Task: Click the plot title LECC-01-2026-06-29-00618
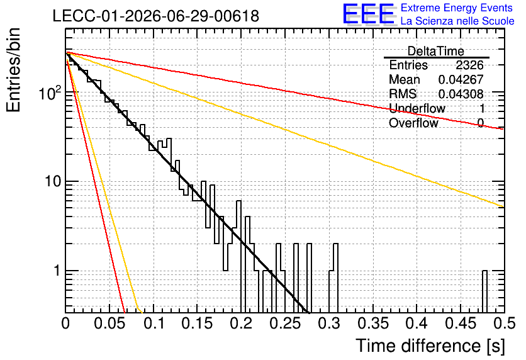tap(156, 16)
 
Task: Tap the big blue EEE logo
tap(369, 14)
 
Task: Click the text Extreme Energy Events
tap(457, 8)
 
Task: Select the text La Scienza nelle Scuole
tap(457, 21)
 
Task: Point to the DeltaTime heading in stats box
tap(436, 52)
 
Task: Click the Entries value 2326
tap(469, 65)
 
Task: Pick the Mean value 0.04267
tap(461, 79)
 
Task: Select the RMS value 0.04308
tap(461, 94)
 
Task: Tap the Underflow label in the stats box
tap(417, 108)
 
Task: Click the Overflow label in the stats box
tap(413, 123)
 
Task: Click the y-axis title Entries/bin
tap(13, 70)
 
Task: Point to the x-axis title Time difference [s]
tap(430, 346)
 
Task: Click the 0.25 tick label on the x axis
tap(286, 323)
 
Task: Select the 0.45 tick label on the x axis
tap(461, 323)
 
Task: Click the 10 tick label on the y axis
tap(53, 181)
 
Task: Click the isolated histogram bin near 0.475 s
tap(484, 291)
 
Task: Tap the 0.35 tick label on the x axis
tap(373, 323)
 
